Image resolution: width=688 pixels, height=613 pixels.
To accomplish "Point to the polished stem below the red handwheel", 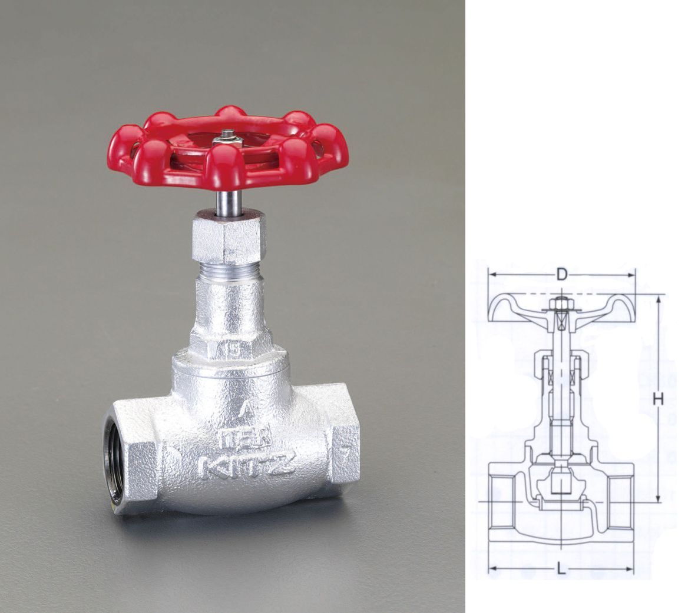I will tap(229, 203).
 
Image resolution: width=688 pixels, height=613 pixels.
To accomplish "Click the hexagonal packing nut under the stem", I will tap(229, 238).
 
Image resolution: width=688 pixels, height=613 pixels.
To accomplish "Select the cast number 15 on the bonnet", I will tap(232, 351).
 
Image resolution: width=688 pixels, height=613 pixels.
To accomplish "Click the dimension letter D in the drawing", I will tap(561, 274).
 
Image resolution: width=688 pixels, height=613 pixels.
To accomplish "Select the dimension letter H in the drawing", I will tap(658, 399).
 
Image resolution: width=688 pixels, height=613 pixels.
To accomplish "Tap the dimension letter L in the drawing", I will tap(561, 569).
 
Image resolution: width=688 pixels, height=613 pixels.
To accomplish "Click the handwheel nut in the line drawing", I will tap(561, 305).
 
